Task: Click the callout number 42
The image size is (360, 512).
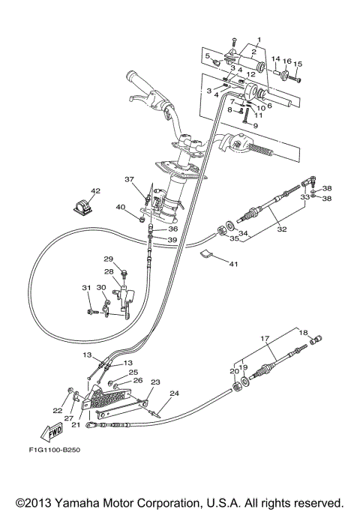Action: pos(95,191)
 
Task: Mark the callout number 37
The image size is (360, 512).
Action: pos(128,179)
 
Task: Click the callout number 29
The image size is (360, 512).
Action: pos(108,259)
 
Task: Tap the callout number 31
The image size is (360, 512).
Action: pos(85,288)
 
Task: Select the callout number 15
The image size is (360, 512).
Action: pos(298,64)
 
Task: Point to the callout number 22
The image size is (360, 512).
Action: pos(58,410)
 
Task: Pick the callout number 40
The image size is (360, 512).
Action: pos(120,207)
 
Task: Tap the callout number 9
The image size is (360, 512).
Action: pos(255,126)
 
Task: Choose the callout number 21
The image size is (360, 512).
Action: pos(75,424)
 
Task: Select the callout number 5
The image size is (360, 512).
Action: pos(208,55)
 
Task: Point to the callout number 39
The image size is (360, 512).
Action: pos(172,240)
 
